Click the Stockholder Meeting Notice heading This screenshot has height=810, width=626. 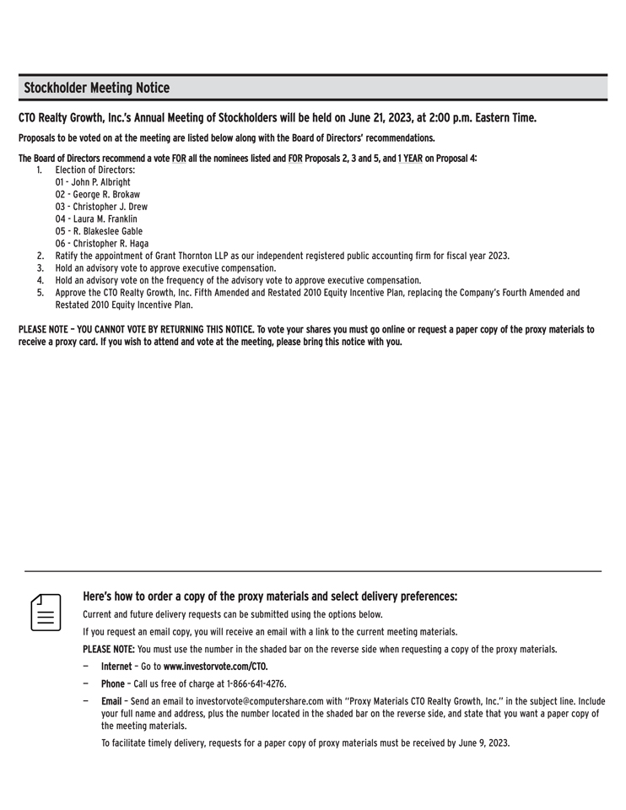pos(96,88)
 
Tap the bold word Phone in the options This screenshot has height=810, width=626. pos(114,683)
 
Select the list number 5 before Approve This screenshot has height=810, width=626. pos(40,293)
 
